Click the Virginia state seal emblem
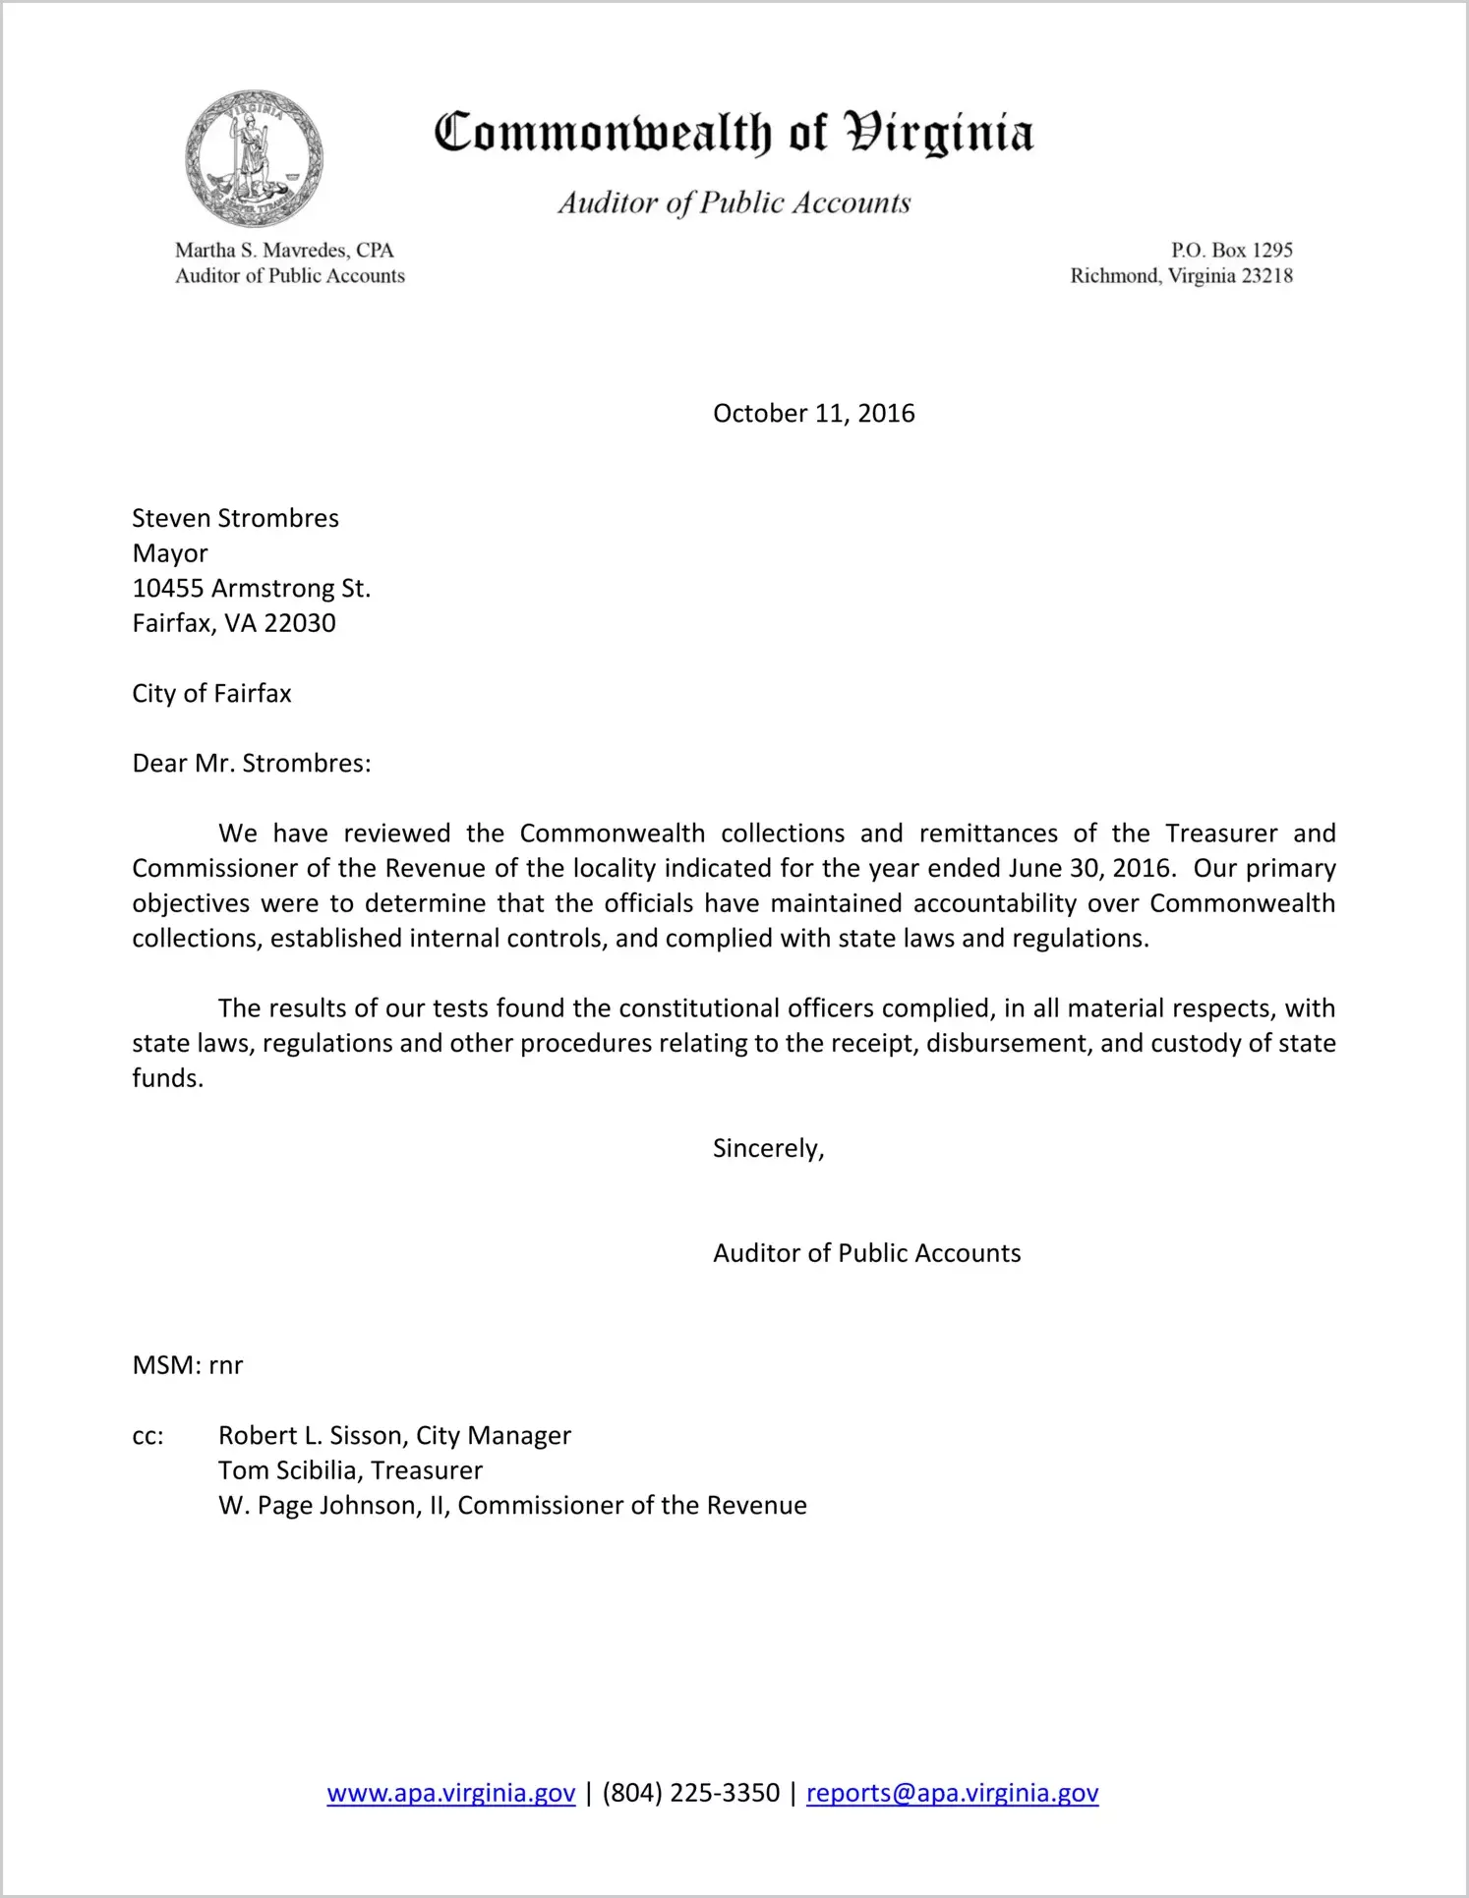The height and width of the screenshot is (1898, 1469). click(x=254, y=159)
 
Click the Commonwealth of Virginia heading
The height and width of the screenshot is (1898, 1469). click(x=734, y=134)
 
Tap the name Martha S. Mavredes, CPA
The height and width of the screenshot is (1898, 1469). click(x=284, y=250)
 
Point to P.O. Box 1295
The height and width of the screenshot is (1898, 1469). click(x=1231, y=250)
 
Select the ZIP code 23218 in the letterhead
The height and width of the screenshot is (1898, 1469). click(x=1266, y=276)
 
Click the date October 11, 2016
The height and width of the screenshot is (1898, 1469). click(x=813, y=413)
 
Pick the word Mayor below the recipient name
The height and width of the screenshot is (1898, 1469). click(x=170, y=553)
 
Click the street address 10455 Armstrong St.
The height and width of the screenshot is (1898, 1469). click(x=251, y=589)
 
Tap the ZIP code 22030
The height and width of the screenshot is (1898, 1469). click(x=300, y=623)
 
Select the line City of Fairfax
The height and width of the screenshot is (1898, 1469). click(x=211, y=694)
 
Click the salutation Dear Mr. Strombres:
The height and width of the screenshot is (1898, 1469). click(x=252, y=764)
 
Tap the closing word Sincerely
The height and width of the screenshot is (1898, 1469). click(x=767, y=1148)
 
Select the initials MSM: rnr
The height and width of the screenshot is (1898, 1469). click(x=187, y=1365)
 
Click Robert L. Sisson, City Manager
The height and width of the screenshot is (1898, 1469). click(x=394, y=1436)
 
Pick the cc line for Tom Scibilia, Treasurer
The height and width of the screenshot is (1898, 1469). click(x=350, y=1470)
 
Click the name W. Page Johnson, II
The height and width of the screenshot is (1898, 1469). click(x=332, y=1506)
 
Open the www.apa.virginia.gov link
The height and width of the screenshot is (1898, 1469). click(x=450, y=1793)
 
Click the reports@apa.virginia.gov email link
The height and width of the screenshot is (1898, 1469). click(x=952, y=1793)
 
